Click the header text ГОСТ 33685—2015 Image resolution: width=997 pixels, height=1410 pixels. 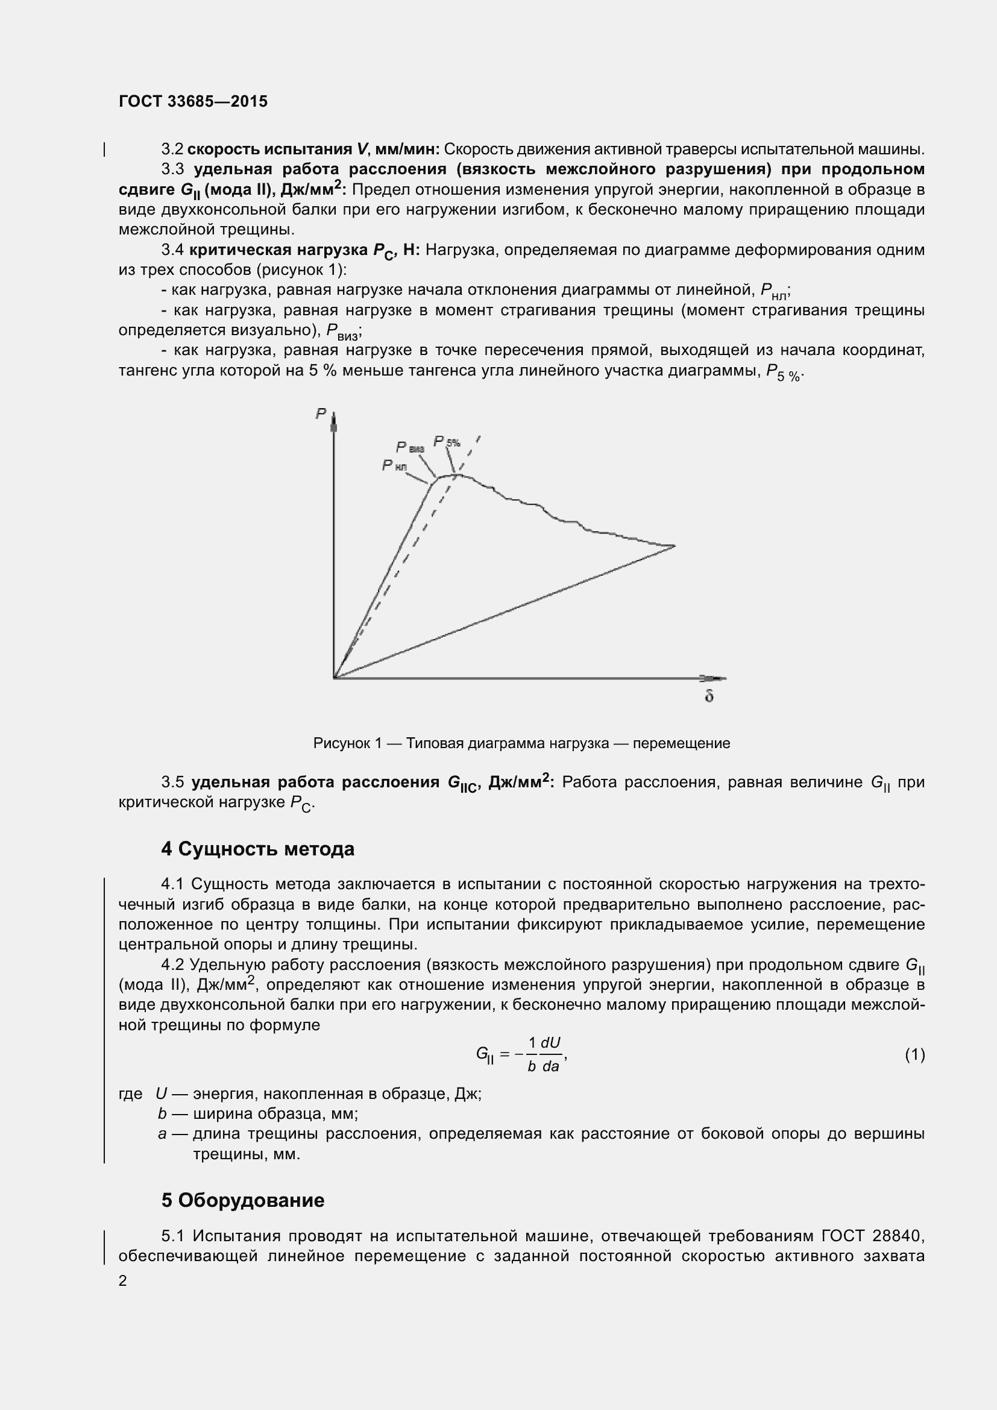point(193,102)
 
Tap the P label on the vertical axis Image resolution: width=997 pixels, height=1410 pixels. point(321,414)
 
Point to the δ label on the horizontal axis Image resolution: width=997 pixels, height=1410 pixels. point(708,696)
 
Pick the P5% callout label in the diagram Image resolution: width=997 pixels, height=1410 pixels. point(447,441)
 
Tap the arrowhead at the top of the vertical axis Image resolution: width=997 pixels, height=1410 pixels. point(334,421)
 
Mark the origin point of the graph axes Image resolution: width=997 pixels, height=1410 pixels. point(334,678)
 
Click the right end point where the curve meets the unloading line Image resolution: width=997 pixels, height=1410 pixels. point(675,546)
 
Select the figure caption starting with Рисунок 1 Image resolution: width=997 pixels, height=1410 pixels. point(521,744)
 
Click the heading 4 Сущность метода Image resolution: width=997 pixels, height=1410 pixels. point(257,849)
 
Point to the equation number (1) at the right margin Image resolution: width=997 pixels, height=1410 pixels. point(914,1055)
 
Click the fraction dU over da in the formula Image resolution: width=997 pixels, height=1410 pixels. point(551,1054)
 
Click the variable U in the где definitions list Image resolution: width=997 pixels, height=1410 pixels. point(162,1094)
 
